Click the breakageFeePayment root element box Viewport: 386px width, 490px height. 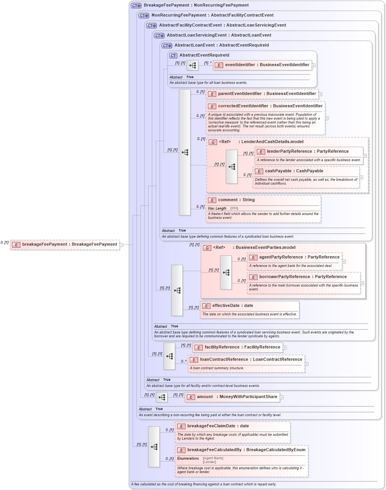click(65, 245)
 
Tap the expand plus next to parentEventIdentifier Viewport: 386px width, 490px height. click(320, 94)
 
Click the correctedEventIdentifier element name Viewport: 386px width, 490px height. click(270, 106)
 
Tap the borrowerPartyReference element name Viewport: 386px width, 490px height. click(302, 277)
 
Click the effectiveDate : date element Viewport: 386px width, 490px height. click(232, 306)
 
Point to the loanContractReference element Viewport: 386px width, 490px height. click(251, 360)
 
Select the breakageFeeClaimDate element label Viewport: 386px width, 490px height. click(218, 426)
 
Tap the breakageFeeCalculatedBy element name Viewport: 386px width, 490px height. click(246, 450)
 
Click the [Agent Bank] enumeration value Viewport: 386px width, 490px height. click(213, 458)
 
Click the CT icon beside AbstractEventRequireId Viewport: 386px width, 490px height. click(173, 55)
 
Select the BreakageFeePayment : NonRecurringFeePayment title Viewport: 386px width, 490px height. click(196, 5)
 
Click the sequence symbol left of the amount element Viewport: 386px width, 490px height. click(162, 397)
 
